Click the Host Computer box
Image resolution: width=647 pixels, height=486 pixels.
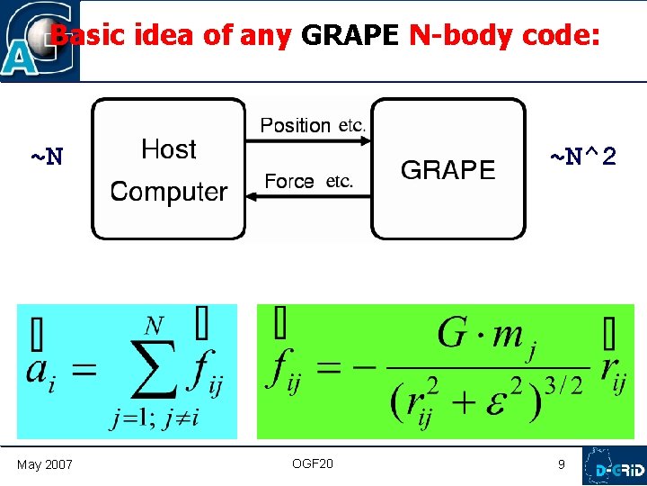168,169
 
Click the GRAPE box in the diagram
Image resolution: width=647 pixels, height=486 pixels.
448,169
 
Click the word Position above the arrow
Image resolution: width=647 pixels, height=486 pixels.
296,125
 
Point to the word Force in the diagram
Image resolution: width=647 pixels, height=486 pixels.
289,181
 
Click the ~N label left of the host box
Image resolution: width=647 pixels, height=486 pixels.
47,157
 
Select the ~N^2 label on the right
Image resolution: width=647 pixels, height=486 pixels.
582,157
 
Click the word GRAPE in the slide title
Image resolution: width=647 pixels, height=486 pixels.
350,36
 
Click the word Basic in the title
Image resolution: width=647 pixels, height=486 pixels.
90,36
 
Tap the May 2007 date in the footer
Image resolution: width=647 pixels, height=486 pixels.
45,464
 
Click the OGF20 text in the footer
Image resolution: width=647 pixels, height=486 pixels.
312,463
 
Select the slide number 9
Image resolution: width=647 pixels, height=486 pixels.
562,464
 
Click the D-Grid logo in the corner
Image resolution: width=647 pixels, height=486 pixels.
614,466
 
